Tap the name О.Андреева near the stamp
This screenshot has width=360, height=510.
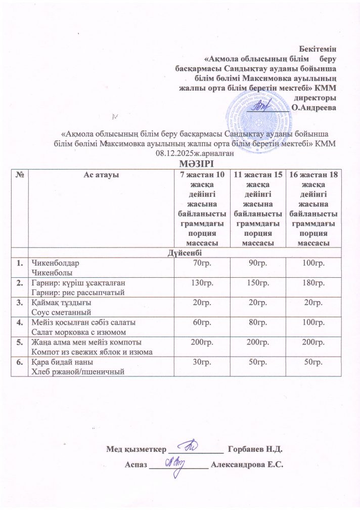(x=314, y=107)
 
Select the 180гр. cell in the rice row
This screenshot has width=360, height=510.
(x=311, y=282)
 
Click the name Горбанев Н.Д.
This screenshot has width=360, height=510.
(x=255, y=449)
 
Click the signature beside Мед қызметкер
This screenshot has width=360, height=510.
(x=194, y=447)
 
